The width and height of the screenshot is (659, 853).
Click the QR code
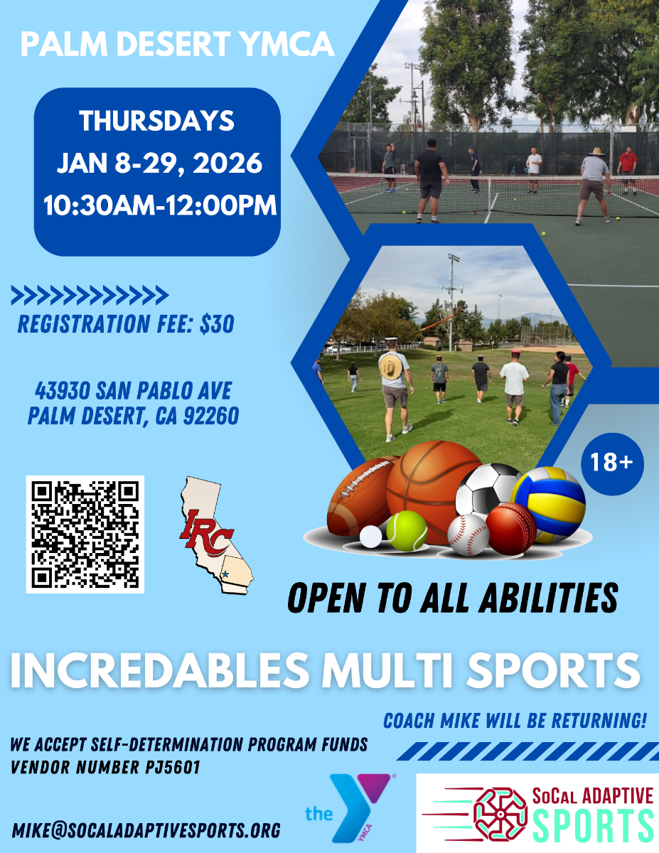point(85,534)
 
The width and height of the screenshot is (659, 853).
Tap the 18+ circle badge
point(611,463)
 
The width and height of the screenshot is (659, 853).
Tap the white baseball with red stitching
point(468,535)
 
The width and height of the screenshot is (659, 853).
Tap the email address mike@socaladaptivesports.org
point(146,830)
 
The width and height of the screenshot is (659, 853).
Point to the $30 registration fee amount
point(216,325)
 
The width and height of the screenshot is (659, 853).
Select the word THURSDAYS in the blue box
point(156,121)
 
